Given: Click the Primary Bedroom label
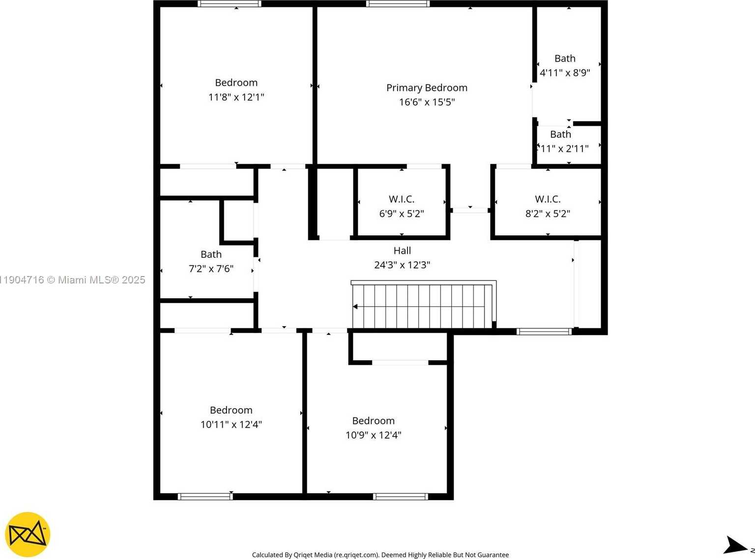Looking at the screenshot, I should [x=427, y=88].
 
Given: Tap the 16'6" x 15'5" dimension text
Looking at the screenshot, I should [x=427, y=102].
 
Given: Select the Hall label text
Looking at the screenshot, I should [x=402, y=251].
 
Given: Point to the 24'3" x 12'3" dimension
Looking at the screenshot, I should [x=402, y=265].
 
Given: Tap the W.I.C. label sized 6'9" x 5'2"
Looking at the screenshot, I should [x=402, y=199].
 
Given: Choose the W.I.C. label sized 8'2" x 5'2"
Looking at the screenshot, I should [x=548, y=199].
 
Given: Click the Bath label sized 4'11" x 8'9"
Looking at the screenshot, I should [x=565, y=58].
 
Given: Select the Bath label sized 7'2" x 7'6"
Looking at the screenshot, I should [x=211, y=254].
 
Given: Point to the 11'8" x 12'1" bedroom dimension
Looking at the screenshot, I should [x=236, y=97].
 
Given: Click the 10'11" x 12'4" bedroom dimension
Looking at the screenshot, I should [x=231, y=424].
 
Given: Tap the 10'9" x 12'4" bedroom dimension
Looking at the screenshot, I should [x=373, y=435].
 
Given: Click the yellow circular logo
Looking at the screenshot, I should [x=28, y=534].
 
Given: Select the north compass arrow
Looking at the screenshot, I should [x=735, y=545].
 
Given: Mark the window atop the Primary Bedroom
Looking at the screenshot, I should [x=398, y=4].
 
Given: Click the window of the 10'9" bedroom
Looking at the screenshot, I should [x=400, y=497].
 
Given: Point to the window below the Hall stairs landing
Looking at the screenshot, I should [x=544, y=332].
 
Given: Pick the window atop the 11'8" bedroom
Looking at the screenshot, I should [x=229, y=4].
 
